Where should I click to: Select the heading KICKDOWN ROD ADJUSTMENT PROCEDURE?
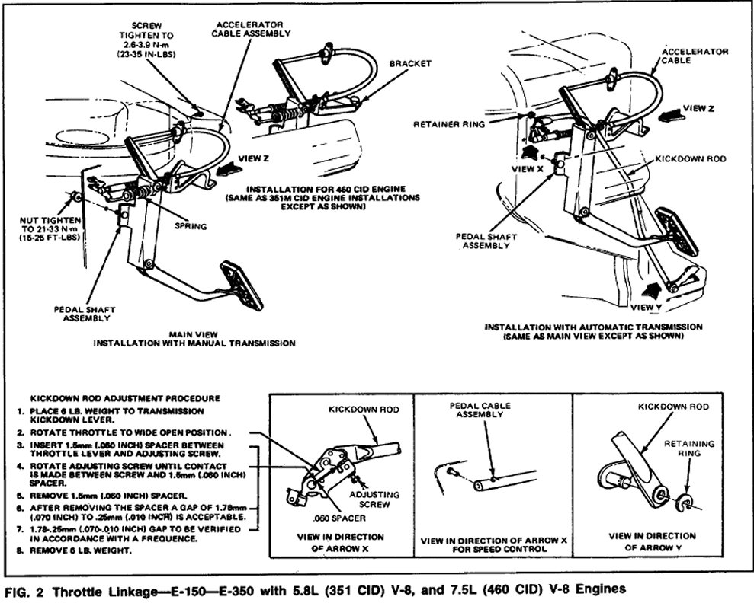pos(124,397)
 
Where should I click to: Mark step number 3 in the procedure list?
pos(18,443)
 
